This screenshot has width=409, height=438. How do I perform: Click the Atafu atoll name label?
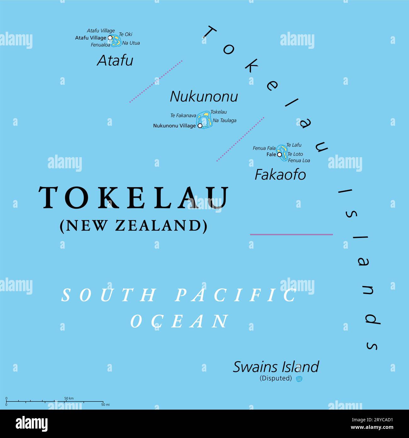pos(115,61)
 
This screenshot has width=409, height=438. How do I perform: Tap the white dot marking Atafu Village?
pos(110,37)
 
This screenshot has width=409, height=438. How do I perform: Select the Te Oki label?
pos(126,34)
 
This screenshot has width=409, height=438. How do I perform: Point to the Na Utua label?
pos(131,43)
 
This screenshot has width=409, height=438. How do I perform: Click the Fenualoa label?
pos(100,45)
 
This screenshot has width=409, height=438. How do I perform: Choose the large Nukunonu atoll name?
pos(204,96)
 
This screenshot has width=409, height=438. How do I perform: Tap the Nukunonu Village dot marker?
pos(200,125)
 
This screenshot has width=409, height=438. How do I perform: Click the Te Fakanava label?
pos(183,116)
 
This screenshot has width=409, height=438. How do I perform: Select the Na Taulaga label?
pos(224,120)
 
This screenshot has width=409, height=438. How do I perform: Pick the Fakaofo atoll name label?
pos(280,175)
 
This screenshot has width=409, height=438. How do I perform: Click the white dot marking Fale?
pos(279,154)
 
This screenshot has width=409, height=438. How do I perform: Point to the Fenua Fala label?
pos(264,148)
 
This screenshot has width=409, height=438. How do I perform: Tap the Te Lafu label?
pos(294,145)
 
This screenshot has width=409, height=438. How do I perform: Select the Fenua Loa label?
pos(299,160)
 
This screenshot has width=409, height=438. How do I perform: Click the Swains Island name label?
pos(276,367)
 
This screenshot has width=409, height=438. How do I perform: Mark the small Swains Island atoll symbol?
pos(299,379)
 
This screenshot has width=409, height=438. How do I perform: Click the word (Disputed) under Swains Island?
pos(276,378)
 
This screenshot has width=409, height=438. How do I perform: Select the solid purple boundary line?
pos(291,234)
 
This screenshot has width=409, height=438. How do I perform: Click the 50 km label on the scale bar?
pos(69,398)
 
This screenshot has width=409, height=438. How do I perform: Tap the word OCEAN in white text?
pos(180,321)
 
